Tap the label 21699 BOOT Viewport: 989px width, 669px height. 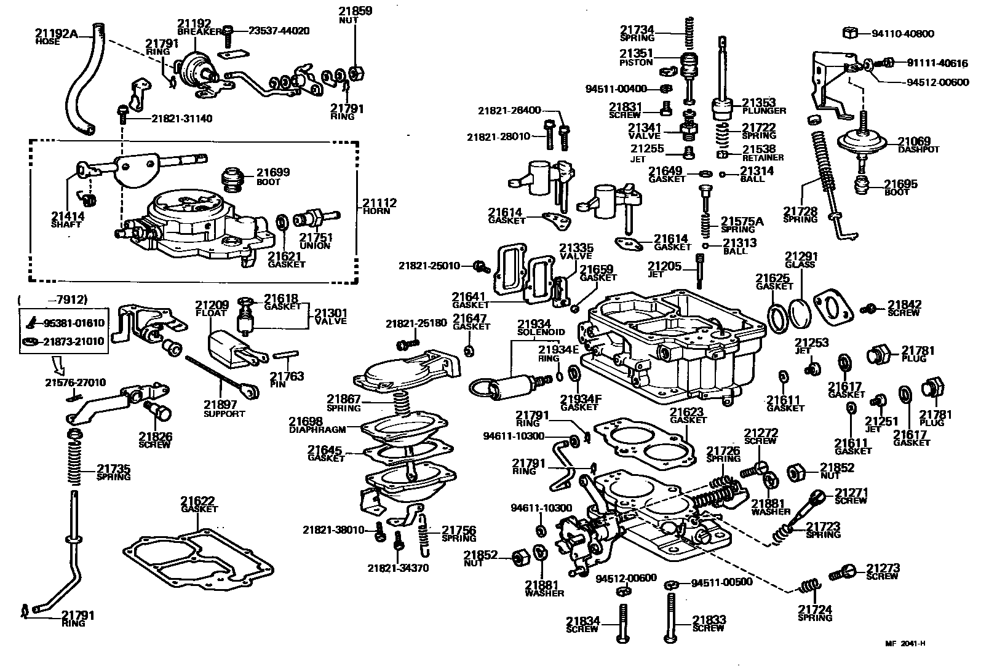(x=272, y=176)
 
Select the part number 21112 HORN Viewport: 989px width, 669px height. (x=379, y=206)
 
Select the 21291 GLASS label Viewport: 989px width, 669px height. (x=800, y=259)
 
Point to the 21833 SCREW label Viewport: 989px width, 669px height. (x=709, y=623)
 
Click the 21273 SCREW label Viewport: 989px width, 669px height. (x=883, y=571)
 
